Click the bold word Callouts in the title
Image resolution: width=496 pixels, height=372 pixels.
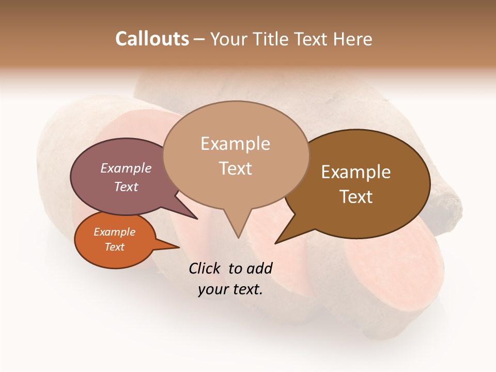tap(152, 39)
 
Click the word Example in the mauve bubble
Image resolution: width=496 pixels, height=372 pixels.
tap(126, 168)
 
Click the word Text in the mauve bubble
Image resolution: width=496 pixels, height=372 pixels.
tap(126, 187)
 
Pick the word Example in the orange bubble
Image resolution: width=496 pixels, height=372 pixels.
tap(115, 232)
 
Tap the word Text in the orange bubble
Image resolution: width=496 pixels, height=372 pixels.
tap(115, 247)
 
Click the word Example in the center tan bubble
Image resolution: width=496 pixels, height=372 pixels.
tap(235, 144)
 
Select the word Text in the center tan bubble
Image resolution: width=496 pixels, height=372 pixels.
tap(235, 168)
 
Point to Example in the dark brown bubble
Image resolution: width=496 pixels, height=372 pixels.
tap(356, 172)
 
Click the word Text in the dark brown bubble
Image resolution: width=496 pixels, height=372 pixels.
tap(356, 197)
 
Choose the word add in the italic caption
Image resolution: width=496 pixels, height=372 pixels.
tap(259, 268)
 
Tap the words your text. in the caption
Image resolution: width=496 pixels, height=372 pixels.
tap(230, 289)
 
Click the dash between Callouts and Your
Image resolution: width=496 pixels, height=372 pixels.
tap(199, 39)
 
